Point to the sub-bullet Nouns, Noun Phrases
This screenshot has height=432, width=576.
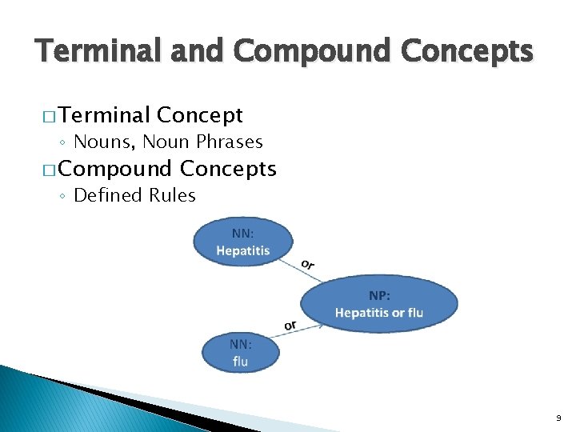point(167,142)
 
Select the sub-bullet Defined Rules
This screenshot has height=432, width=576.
point(134,196)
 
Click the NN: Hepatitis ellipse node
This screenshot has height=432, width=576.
point(243,242)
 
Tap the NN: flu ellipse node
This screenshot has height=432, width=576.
point(241,353)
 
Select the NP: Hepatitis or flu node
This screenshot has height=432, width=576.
point(378,304)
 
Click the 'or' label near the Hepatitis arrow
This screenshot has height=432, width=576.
point(308,264)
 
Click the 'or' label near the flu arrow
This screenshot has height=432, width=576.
point(290,325)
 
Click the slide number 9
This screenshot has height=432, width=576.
point(558,418)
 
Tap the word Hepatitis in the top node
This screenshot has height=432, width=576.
point(243,250)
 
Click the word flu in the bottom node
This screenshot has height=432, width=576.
point(241,362)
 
